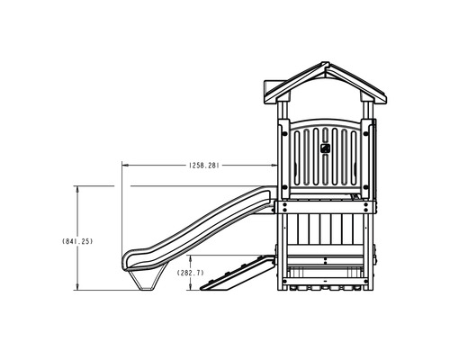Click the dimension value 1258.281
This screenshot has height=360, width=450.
204,166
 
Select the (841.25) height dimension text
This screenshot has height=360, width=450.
77,241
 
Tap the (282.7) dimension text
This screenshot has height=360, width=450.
190,273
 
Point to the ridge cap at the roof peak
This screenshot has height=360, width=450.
325,65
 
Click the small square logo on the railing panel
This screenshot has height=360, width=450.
325,148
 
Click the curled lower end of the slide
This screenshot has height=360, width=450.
129,260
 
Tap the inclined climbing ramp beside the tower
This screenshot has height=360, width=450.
237,274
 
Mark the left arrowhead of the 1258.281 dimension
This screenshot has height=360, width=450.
125,165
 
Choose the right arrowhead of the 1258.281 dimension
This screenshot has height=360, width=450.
274,165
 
